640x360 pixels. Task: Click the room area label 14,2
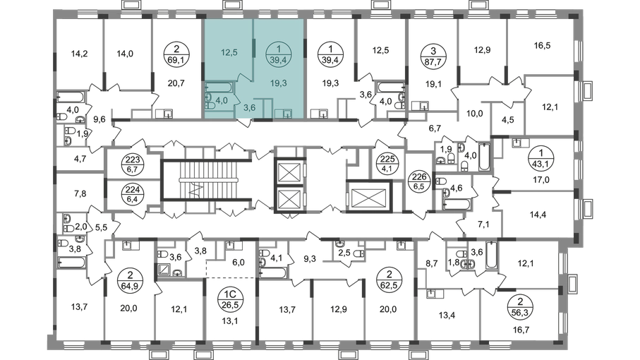tap(79, 54)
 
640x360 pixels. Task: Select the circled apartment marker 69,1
tap(176, 54)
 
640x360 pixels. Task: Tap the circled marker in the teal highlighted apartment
tap(278, 54)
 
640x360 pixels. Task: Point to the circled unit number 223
tap(133, 164)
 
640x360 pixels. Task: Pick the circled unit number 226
tap(418, 182)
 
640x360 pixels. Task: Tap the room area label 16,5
tap(542, 45)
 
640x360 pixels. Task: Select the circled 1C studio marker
tap(231, 299)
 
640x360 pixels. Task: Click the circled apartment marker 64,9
tap(129, 280)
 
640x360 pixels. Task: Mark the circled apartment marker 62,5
tap(390, 280)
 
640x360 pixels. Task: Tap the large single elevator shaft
tap(369, 196)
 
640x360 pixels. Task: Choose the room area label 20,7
tap(176, 83)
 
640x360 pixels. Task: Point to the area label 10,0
tap(474, 114)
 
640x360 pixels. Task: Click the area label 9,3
tap(310, 258)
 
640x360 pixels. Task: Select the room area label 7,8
tap(80, 193)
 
